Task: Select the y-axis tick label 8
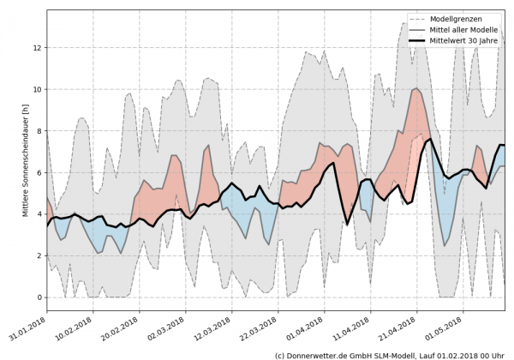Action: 38,131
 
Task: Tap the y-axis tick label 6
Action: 38,172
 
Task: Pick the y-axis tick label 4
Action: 38,214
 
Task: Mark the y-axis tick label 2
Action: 38,255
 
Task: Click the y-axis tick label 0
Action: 38,297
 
